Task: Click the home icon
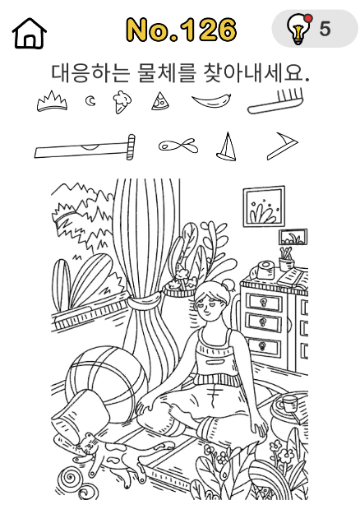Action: pyautogui.click(x=30, y=34)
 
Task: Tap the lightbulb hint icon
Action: pyautogui.click(x=298, y=29)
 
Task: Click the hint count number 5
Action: pyautogui.click(x=325, y=29)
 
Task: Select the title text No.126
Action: pyautogui.click(x=182, y=30)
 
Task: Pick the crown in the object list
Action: pyautogui.click(x=52, y=102)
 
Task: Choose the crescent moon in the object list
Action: pyautogui.click(x=90, y=101)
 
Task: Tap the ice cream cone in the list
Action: pyautogui.click(x=122, y=102)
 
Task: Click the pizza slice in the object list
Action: pyautogui.click(x=160, y=101)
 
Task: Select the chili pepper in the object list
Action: pyautogui.click(x=211, y=100)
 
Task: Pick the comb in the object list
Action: pyautogui.click(x=277, y=102)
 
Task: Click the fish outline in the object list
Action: pyautogui.click(x=178, y=146)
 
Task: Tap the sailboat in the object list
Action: pyautogui.click(x=226, y=146)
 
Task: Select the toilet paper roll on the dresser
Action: pyautogui.click(x=265, y=270)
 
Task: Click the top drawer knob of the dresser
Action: pyautogui.click(x=263, y=302)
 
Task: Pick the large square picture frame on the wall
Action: pyautogui.click(x=264, y=206)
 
